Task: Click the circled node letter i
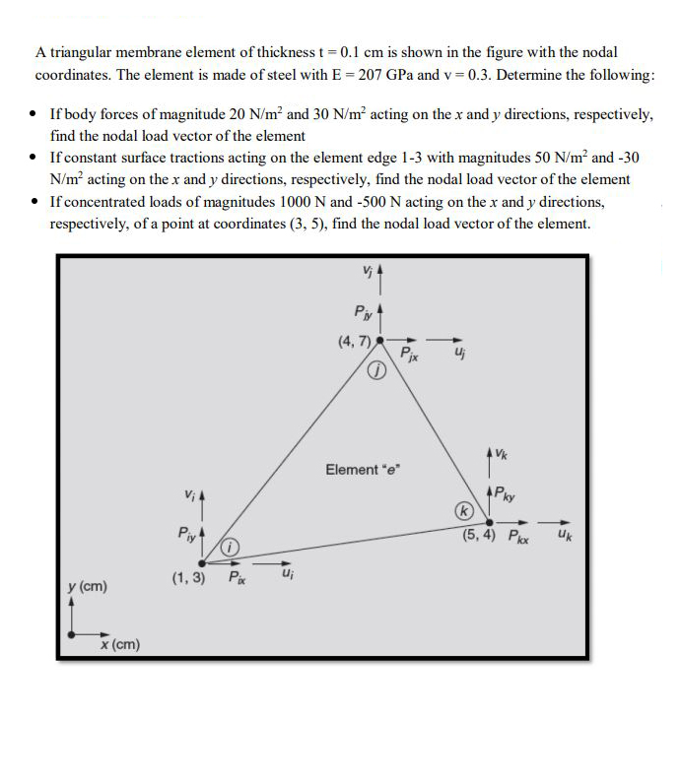pos(229,547)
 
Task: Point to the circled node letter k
pos(461,511)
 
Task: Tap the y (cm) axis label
pos(87,587)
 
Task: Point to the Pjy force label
pos(361,313)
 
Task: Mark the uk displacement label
pos(563,537)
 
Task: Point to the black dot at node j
pos(380,342)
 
